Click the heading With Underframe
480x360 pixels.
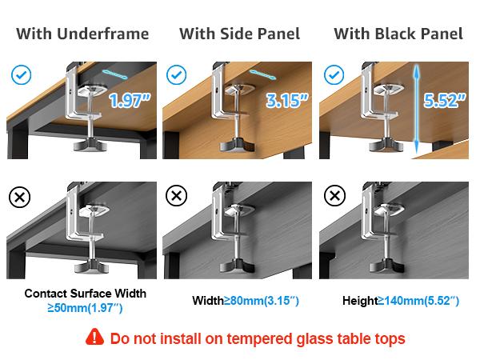82,34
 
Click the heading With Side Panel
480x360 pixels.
239,34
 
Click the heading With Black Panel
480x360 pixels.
398,34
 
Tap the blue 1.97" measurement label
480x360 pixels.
130,102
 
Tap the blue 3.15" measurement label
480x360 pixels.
286,102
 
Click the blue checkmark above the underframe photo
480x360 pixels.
22,76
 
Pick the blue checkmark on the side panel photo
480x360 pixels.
177,76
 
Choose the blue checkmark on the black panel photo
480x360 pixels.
333,76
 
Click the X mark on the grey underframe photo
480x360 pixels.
22,196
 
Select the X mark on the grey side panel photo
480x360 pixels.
177,196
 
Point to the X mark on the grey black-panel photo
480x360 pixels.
333,196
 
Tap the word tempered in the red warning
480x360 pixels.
254,338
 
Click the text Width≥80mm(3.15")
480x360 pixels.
246,301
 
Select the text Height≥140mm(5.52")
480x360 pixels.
401,301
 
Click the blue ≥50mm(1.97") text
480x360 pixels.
85,307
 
